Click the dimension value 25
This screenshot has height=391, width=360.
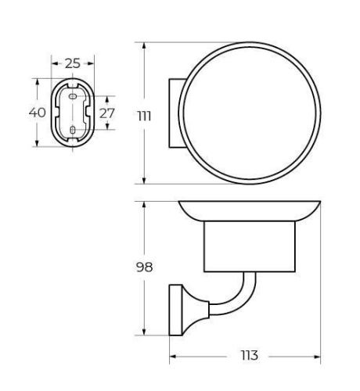[x=73, y=63]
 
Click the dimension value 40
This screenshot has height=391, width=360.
[x=38, y=113]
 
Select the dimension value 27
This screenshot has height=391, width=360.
[x=107, y=113]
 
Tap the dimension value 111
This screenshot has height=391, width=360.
[x=144, y=117]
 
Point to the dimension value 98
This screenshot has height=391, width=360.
[x=144, y=267]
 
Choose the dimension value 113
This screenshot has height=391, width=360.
[x=250, y=355]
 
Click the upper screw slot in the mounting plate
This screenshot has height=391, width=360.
[x=73, y=97]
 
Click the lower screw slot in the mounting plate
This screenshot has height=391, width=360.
[x=73, y=130]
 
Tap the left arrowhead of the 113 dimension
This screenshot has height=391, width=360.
[x=173, y=357]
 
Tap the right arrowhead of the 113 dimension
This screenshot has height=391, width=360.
[x=317, y=357]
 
